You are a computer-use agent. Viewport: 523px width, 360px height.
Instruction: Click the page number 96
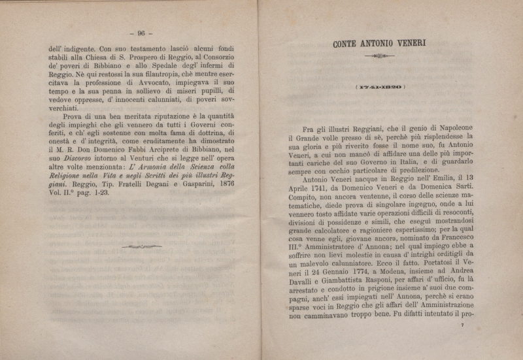click(x=141, y=33)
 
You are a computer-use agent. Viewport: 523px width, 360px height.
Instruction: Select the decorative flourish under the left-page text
click(x=141, y=246)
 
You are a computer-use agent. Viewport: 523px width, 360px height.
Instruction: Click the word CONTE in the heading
click(x=348, y=44)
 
